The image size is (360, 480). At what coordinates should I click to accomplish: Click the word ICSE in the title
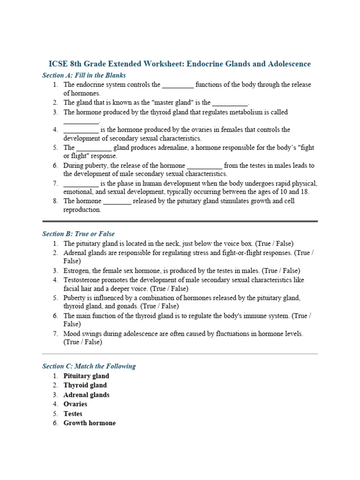coord(58,64)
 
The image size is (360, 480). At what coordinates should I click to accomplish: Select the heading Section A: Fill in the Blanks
coord(84,75)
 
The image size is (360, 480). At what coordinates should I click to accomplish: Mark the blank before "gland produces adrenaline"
coord(94,148)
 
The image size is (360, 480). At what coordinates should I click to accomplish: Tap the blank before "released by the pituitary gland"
coord(117,201)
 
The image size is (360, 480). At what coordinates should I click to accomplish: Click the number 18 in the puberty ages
coord(305,192)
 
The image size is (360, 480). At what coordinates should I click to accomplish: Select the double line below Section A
coord(180,221)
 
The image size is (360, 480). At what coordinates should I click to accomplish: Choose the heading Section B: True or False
coord(78,233)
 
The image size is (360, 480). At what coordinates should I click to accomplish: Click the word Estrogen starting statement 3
coord(76,270)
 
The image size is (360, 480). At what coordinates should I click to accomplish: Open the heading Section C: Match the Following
coord(89,366)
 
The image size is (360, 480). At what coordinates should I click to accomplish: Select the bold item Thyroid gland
coord(85,385)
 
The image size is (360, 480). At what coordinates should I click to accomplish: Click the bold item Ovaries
coord(75,404)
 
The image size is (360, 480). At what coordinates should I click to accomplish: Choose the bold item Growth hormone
coord(90,423)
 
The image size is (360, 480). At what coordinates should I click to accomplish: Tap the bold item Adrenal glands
coord(86,395)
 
